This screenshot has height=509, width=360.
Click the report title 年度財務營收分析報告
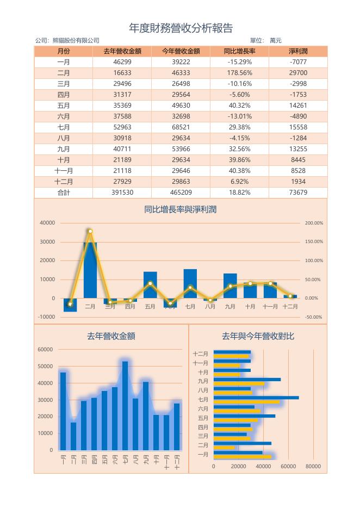coord(181,28)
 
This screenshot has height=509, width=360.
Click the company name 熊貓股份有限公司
coord(76,41)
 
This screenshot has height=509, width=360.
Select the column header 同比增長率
coord(240,51)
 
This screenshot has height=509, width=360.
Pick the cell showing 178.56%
coord(240,73)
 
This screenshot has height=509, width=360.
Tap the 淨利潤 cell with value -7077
coord(298,62)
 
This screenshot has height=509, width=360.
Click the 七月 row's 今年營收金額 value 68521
coord(181,127)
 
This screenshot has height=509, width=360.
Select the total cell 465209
coord(181,193)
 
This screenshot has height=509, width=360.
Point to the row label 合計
coord(64,193)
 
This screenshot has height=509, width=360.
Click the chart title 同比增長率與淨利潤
coord(180,209)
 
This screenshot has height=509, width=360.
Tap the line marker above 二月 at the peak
coord(90,231)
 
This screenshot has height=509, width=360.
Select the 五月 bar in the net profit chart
coord(150,285)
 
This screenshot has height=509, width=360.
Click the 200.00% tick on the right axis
coord(314,223)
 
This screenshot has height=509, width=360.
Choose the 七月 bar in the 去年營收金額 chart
coord(125,406)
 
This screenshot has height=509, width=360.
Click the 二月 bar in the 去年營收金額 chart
coord(73,436)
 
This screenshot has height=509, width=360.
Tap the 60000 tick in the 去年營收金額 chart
coord(45,350)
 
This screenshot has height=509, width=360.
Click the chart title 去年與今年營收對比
coord(258,336)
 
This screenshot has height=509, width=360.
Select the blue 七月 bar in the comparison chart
coord(256,398)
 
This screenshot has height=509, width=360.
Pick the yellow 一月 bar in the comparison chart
coord(243,457)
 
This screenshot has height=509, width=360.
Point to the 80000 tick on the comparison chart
coord(313,467)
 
